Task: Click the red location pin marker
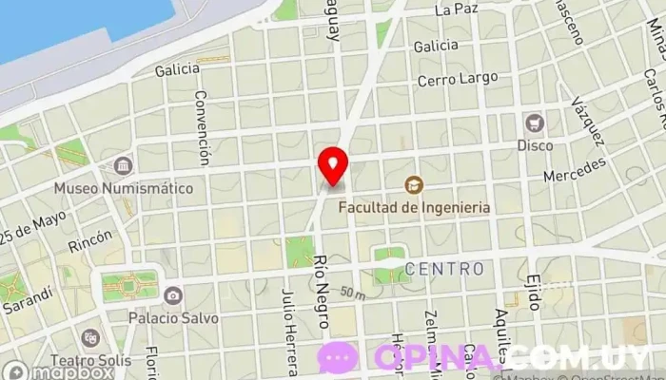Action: point(333,166)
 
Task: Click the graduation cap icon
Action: point(414,184)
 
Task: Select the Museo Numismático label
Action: point(123,188)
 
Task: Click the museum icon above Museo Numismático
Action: point(123,166)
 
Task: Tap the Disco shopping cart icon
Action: point(534,123)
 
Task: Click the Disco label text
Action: point(534,145)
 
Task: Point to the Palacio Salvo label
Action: point(176,318)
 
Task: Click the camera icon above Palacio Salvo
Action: point(172,295)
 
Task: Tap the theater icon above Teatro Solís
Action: point(90,338)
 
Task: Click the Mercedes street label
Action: point(575,171)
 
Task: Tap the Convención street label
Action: point(201,128)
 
